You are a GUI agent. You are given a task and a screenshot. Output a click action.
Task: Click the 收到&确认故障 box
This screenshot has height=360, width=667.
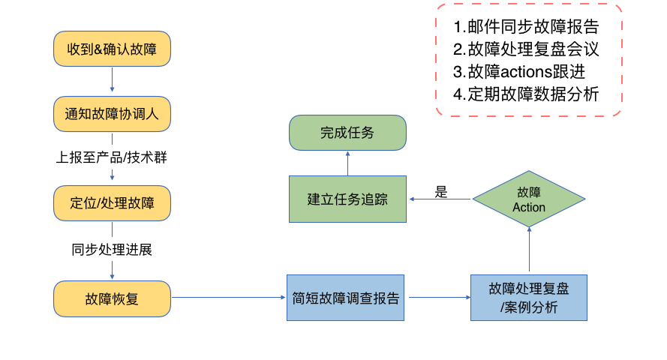(112, 49)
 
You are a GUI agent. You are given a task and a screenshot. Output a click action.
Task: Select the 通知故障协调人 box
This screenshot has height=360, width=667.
(112, 114)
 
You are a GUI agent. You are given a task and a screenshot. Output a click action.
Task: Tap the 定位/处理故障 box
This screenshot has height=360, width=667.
(112, 202)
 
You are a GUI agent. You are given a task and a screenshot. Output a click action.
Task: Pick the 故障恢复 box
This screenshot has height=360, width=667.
(112, 298)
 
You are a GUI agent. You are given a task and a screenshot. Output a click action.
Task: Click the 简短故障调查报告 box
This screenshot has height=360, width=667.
(345, 298)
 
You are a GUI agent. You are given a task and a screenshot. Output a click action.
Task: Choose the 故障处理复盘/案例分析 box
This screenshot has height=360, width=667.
(529, 298)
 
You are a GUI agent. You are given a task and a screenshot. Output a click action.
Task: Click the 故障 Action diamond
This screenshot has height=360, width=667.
(529, 199)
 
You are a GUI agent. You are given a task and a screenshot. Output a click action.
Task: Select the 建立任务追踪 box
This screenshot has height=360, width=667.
(347, 199)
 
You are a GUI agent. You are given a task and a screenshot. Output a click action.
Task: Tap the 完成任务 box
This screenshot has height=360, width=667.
(347, 133)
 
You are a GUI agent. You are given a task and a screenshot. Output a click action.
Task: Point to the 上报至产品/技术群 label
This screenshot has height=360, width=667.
(112, 157)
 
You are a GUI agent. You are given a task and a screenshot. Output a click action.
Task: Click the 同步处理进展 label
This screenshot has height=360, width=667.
(112, 249)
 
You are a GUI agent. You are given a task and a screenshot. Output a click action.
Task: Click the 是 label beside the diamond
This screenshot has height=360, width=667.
(441, 191)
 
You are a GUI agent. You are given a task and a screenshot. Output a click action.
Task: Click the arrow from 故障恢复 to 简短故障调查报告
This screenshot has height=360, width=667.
(229, 298)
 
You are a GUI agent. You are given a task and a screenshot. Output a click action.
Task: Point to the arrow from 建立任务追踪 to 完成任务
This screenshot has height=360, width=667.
(347, 163)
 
